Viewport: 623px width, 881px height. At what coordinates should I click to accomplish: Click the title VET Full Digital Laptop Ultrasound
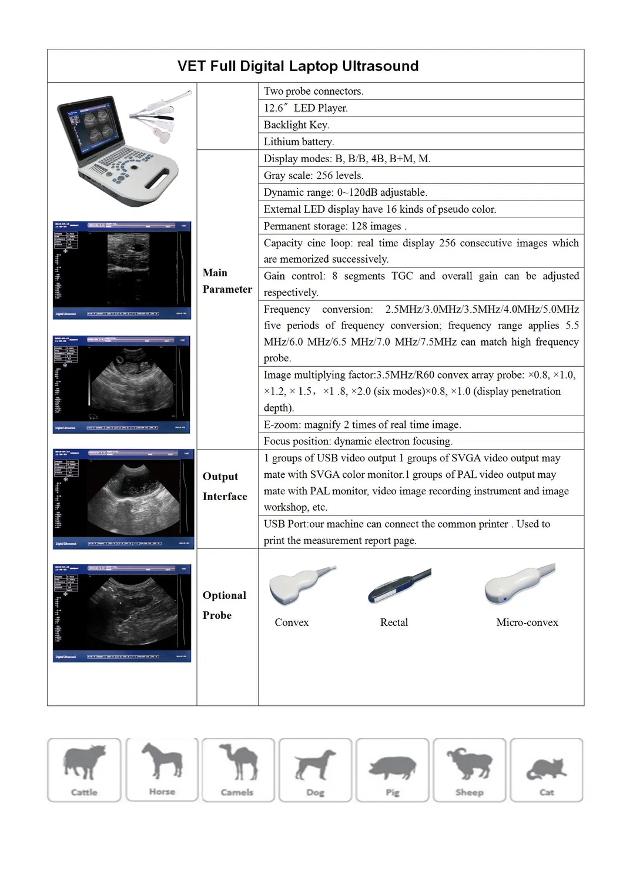point(298,66)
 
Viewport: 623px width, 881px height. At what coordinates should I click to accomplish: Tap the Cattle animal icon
point(84,769)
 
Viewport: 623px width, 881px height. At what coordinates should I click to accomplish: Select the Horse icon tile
point(161,769)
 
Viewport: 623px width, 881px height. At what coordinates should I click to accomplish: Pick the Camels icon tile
point(238,769)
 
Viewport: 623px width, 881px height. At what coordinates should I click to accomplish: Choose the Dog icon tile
point(315,769)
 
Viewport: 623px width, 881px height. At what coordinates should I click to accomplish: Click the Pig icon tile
point(392,769)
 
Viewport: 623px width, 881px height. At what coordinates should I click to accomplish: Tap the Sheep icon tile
point(469,769)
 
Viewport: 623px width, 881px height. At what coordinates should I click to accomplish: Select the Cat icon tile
point(546,769)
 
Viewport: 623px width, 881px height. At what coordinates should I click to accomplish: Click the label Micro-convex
point(527,622)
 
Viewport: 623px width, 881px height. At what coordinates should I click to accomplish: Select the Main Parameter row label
point(227,281)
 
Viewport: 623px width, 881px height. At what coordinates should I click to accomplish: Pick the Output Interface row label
point(225,486)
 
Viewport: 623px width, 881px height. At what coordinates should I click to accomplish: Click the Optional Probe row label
point(224,605)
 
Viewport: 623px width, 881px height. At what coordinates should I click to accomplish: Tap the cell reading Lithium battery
point(299,142)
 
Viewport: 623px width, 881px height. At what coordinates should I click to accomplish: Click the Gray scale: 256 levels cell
point(313,175)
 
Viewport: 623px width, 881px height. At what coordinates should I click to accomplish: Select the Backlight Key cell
point(296,125)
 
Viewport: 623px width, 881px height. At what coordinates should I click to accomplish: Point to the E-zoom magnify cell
point(362,424)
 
